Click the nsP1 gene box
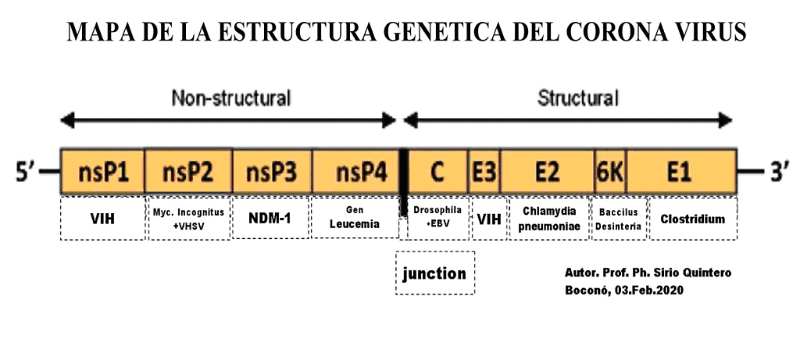tap(102, 173)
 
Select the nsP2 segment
tap(188, 173)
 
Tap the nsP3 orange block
tap(272, 173)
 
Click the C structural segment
tap(437, 173)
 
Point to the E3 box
tap(484, 173)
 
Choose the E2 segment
tap(547, 173)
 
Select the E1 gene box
tap(680, 173)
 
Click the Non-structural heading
tap(231, 98)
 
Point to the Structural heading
tap(578, 98)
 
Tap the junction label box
tap(434, 273)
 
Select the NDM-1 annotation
tap(270, 219)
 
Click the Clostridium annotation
tap(692, 219)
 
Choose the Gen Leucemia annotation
tap(355, 218)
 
